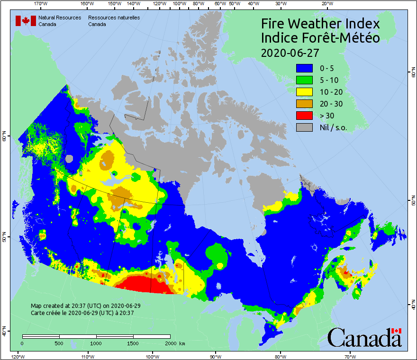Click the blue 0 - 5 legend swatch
click(x=305, y=68)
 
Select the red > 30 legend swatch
click(x=305, y=116)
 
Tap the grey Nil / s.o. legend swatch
click(x=305, y=127)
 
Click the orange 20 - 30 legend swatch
click(x=305, y=104)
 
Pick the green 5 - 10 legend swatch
click(x=305, y=80)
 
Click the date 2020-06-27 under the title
click(x=290, y=52)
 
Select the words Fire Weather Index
click(x=320, y=24)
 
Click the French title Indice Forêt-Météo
click(x=320, y=38)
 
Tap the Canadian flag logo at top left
click(x=26, y=21)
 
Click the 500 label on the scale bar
click(x=59, y=343)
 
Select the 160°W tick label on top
click(x=86, y=4)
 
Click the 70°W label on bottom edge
click(x=350, y=356)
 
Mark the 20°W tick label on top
click(x=326, y=4)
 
